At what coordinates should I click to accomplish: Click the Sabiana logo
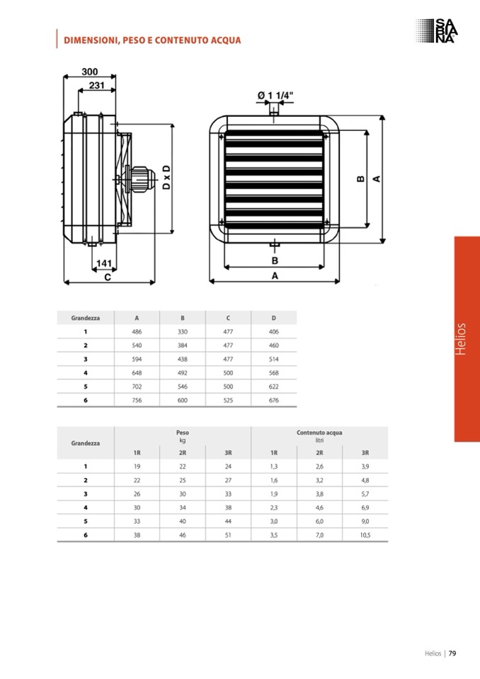[x=436, y=30]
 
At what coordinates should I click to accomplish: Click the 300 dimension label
[x=90, y=72]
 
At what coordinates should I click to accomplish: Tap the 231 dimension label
[x=96, y=85]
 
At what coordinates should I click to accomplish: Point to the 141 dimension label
[x=104, y=263]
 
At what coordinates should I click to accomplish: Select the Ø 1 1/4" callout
[x=275, y=96]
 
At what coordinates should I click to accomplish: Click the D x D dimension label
[x=166, y=178]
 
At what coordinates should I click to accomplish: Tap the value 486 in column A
[x=137, y=331]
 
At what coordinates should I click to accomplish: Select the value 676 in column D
[x=273, y=400]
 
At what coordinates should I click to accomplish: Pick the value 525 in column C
[x=228, y=400]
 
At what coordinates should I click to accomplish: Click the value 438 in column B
[x=183, y=359]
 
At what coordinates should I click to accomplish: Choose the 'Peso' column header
[x=183, y=432]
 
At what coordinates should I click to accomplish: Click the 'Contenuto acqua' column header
[x=319, y=432]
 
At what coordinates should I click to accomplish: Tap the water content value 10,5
[x=365, y=535]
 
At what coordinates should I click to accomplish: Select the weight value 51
[x=228, y=535]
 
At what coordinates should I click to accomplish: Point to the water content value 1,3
[x=274, y=467]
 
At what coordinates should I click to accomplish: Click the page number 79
[x=452, y=654]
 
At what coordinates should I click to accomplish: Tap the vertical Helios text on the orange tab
[x=461, y=339]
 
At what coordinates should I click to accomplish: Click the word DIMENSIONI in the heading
[x=91, y=40]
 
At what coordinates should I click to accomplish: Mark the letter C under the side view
[x=108, y=277]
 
